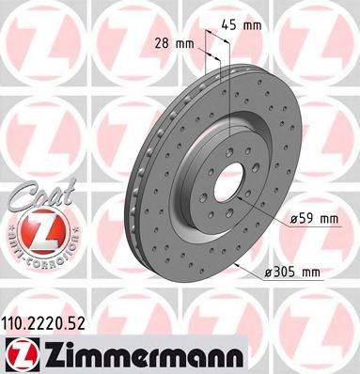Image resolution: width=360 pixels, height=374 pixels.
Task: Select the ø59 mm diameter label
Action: pyautogui.click(x=314, y=220)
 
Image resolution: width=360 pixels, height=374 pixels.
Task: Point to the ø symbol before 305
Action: pyautogui.click(x=272, y=273)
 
